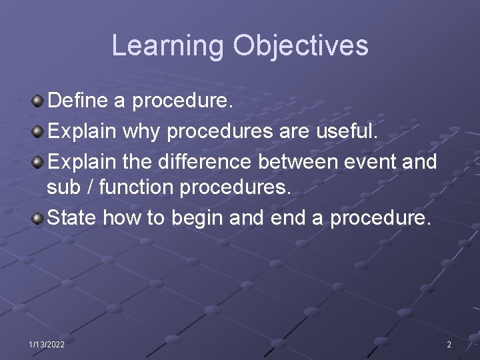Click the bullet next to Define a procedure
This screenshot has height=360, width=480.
click(x=39, y=102)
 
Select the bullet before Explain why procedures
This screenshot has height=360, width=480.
click(x=39, y=131)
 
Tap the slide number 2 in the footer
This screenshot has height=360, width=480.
click(x=449, y=344)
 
